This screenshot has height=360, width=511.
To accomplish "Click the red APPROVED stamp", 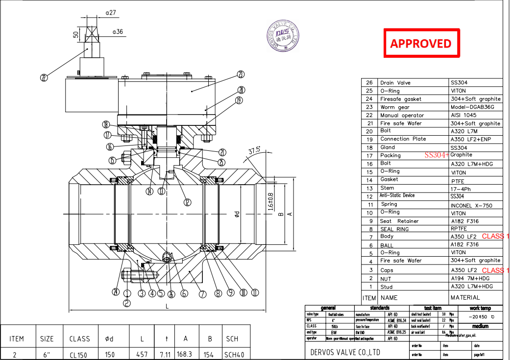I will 421,43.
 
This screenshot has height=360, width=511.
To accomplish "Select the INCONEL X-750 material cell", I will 471,205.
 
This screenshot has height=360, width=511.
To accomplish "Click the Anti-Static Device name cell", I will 397,195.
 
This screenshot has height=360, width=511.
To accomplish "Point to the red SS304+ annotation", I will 437,155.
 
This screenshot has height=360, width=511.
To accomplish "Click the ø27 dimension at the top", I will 111,13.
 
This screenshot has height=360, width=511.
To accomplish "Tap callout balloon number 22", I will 44,77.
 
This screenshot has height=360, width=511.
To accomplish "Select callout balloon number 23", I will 241,74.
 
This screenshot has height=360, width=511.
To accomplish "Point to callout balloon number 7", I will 202,294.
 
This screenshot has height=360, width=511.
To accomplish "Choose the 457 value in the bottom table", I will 142,354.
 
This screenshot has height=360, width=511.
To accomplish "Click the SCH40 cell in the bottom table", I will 232,354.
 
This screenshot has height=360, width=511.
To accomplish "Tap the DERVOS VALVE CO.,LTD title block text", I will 345,352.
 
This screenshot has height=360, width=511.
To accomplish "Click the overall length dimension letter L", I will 167,306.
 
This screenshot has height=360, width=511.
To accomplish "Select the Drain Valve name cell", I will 395,83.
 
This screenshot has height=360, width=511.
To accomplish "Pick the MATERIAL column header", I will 465,297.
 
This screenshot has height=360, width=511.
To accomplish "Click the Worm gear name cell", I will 394,107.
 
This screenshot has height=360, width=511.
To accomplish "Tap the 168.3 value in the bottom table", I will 185,354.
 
